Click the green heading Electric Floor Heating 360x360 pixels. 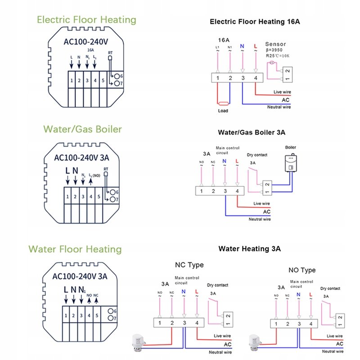(86, 20)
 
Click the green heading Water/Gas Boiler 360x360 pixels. (82, 129)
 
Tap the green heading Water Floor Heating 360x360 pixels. (75, 249)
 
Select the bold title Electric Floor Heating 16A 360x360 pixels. (254, 21)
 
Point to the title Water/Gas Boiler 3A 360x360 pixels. (251, 133)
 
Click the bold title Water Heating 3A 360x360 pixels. (250, 248)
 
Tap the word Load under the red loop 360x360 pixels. (223, 111)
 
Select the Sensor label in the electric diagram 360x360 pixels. (275, 44)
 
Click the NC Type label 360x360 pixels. (189, 265)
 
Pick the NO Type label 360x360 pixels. (302, 270)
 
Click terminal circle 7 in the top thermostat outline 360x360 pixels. (117, 83)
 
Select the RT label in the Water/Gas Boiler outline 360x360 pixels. (106, 170)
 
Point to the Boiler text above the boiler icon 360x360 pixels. (291, 147)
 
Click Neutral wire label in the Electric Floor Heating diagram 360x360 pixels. (279, 107)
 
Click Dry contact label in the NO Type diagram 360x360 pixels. (330, 288)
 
